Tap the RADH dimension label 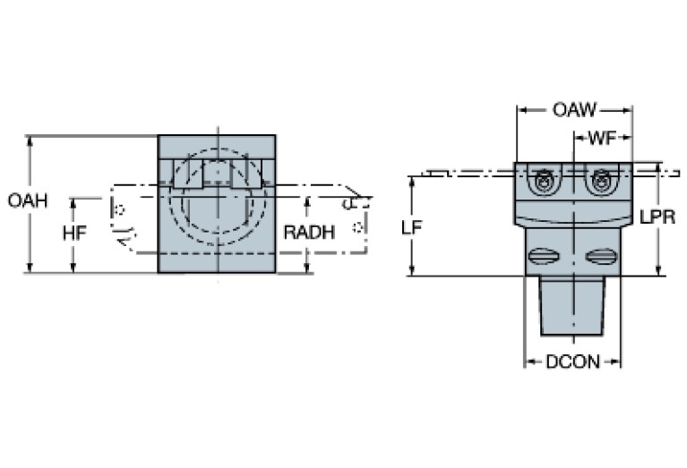pos(309,233)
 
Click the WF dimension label pos(603,139)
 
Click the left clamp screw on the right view pos(542,183)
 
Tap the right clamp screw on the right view pos(601,183)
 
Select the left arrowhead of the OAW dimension pos(520,111)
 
